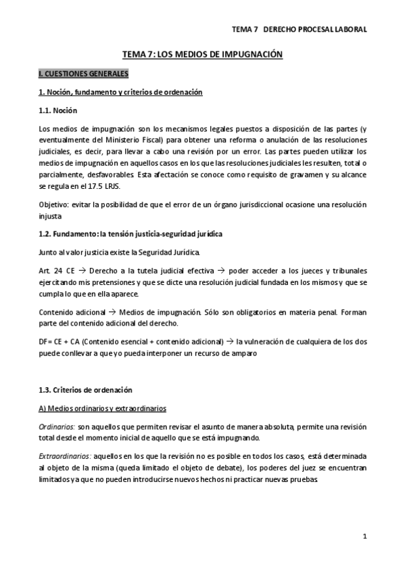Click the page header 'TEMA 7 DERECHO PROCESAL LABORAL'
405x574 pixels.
(299, 30)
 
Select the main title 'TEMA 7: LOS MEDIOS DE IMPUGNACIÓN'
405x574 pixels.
(202, 53)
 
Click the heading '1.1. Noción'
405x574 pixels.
(57, 110)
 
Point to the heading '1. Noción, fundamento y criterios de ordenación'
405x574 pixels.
(120, 91)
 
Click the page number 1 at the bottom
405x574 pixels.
(364, 537)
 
